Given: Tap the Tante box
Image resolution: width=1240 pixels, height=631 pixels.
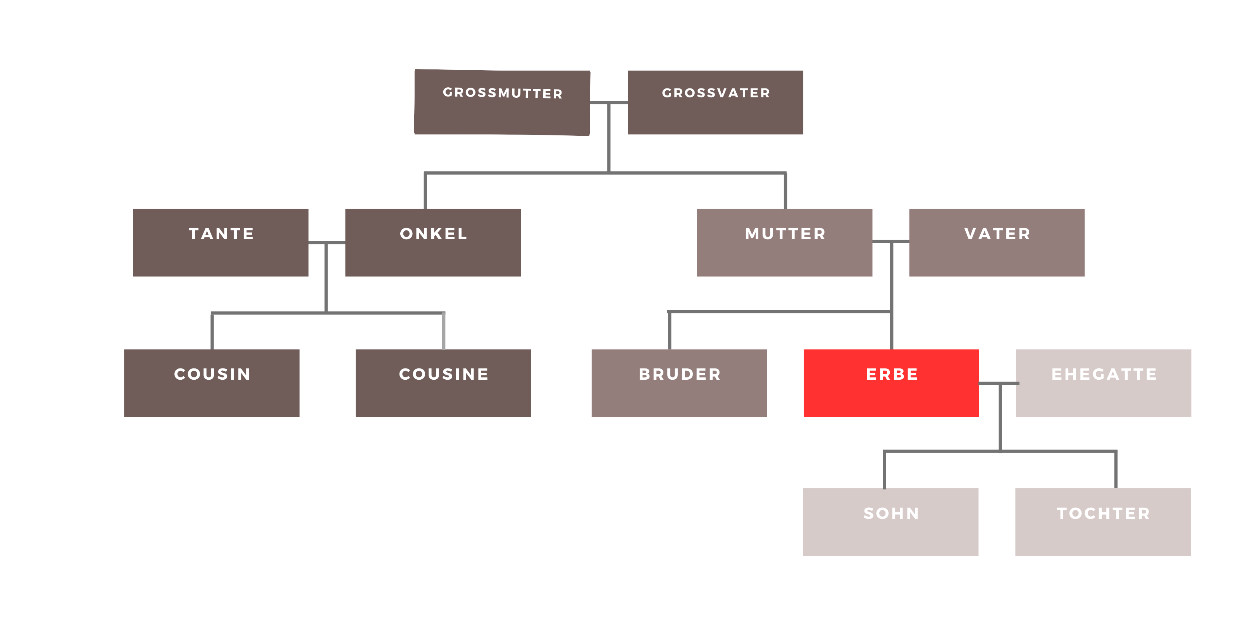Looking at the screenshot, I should coord(220,242).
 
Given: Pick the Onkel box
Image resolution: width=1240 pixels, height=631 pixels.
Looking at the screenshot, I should coord(433,242).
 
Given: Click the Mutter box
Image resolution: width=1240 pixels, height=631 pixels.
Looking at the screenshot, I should coord(784,242).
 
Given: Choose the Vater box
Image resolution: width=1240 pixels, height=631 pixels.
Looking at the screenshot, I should coord(996,242).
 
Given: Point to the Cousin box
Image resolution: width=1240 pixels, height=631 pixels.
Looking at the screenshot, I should coord(212,383).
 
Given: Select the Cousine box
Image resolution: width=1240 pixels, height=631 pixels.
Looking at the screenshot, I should coord(443,383).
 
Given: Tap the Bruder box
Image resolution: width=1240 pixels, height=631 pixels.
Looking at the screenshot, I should coord(679,383).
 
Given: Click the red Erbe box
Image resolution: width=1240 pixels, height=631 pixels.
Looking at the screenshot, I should coord(891,383).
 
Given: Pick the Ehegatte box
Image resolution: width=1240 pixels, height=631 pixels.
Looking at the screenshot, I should coord(1103,383).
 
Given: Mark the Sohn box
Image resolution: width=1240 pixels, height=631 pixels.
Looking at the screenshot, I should coord(890,522).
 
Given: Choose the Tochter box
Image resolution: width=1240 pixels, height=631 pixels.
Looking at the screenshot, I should coord(1103,522).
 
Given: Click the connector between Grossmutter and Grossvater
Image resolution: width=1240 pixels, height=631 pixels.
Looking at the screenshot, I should coord(609,103).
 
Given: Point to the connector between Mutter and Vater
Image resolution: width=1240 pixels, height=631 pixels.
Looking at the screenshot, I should coord(890,241).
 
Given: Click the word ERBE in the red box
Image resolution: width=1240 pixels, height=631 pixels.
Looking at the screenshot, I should coord(892,374).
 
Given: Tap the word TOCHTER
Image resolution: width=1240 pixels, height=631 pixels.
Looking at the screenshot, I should coord(1103,513).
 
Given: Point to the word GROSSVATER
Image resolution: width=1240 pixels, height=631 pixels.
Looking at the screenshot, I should coord(716,93).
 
